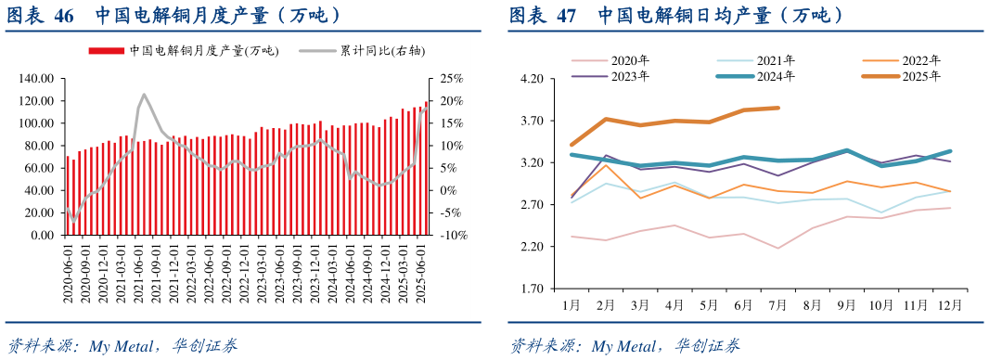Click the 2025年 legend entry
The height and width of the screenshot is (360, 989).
919,77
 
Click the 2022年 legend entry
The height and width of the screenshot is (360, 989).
919,61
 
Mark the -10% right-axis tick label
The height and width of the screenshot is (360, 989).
449,236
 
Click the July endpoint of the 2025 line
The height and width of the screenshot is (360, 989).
777,109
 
